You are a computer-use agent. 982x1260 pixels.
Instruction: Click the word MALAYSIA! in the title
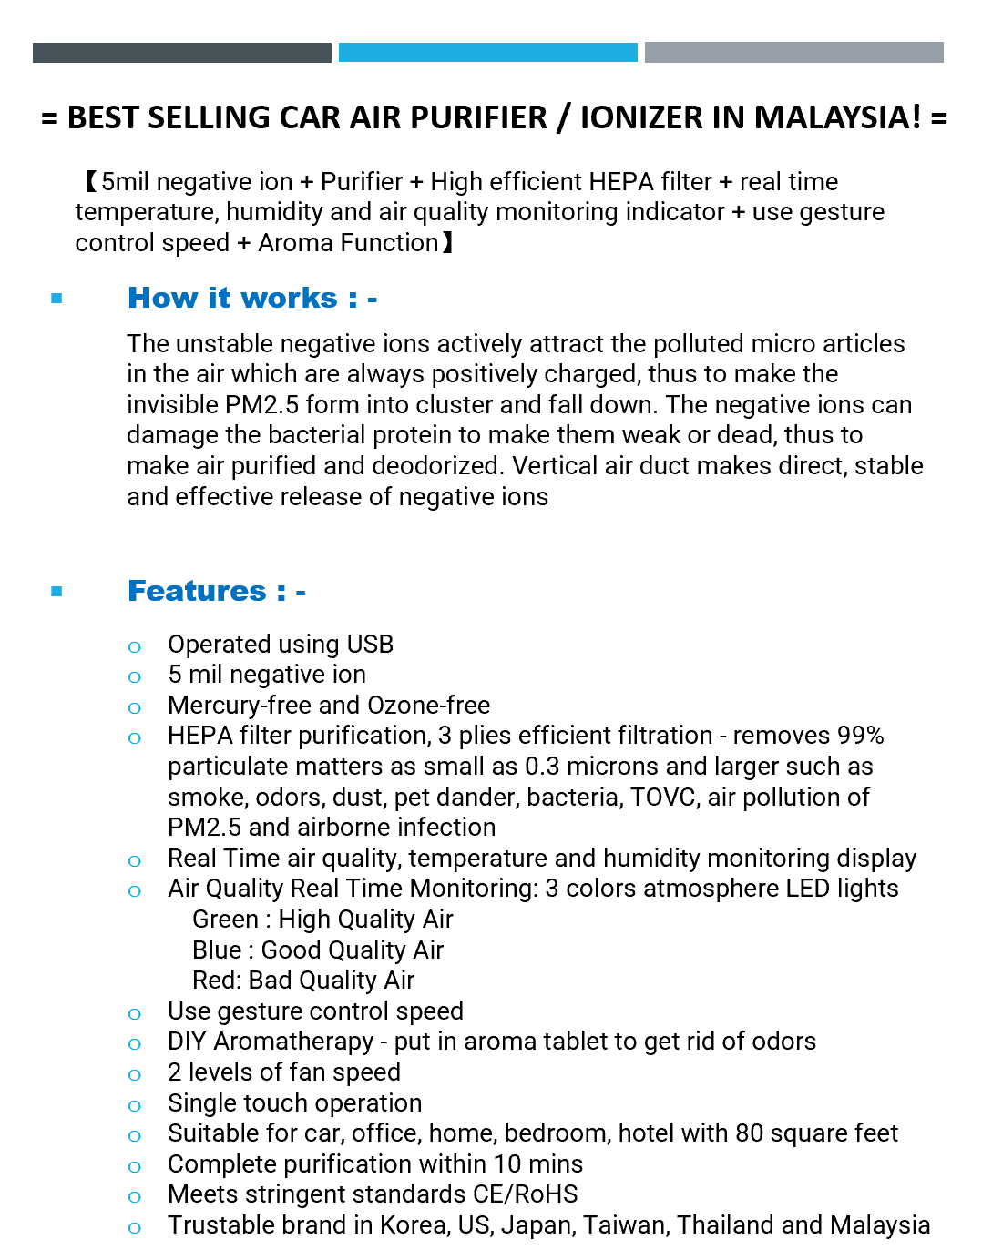837,117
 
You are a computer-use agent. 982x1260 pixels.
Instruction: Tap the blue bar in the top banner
487,53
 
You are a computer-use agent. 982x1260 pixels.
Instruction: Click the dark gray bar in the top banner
181,53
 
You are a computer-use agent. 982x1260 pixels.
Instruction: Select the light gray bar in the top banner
793,53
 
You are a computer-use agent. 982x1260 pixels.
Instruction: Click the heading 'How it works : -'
252,299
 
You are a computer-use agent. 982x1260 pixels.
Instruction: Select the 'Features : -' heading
217,592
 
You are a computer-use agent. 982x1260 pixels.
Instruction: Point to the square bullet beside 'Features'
57,592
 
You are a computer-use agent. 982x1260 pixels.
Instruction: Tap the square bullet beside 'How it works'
57,299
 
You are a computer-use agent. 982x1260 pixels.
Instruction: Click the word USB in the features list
370,645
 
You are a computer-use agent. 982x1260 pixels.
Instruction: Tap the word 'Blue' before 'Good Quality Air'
217,950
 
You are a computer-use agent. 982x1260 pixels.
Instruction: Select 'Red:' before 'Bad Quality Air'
217,981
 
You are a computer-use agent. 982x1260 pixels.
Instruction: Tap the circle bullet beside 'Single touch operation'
135,1106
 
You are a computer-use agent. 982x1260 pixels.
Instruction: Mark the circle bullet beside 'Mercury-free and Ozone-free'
135,708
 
